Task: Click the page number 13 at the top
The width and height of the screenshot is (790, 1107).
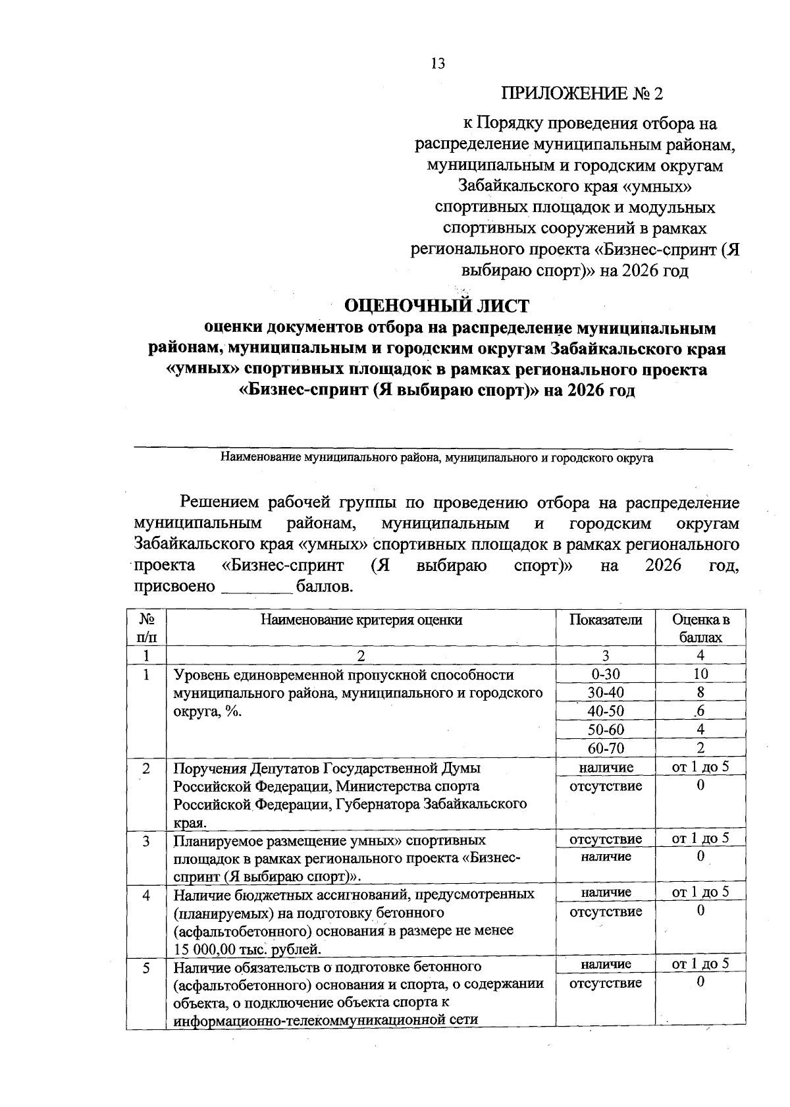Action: pyautogui.click(x=438, y=64)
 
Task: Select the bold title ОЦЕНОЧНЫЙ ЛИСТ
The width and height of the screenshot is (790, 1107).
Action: pyautogui.click(x=437, y=306)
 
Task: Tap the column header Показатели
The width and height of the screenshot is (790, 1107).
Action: pyautogui.click(x=605, y=620)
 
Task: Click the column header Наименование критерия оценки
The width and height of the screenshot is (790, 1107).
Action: pyautogui.click(x=361, y=620)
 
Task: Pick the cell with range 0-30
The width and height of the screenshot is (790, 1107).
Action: pyautogui.click(x=605, y=674)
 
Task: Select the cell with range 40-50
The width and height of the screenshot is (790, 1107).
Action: pyautogui.click(x=605, y=711)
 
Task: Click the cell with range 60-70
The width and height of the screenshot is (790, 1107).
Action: pyautogui.click(x=605, y=748)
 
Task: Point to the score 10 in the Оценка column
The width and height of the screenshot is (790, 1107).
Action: pyautogui.click(x=700, y=674)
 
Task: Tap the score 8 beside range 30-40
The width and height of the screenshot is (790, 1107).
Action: pyautogui.click(x=700, y=692)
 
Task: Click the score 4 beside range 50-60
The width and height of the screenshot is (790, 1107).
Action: pyautogui.click(x=700, y=730)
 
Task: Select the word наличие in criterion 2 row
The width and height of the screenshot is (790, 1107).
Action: pyautogui.click(x=606, y=767)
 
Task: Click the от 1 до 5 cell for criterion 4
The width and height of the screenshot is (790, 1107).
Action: pyautogui.click(x=700, y=892)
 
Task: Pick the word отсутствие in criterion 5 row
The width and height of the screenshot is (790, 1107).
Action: pyautogui.click(x=605, y=983)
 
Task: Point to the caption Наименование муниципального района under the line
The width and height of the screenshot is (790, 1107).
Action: pyautogui.click(x=436, y=458)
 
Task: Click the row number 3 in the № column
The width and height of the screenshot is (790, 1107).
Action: pyautogui.click(x=145, y=841)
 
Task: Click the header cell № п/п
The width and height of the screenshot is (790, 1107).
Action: pyautogui.click(x=147, y=628)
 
